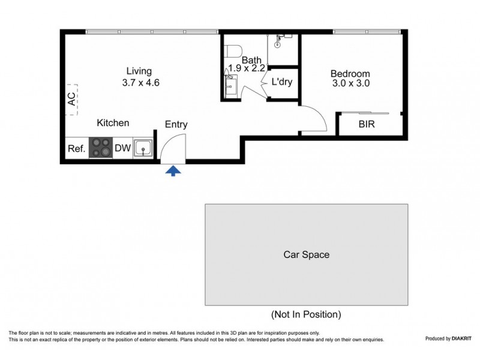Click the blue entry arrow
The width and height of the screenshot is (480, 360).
(x=173, y=172)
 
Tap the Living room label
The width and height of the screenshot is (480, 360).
(x=139, y=71)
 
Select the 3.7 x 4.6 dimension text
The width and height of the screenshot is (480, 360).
(x=139, y=83)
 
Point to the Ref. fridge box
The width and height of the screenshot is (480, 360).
(x=76, y=148)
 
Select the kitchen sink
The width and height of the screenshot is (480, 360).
(x=143, y=148)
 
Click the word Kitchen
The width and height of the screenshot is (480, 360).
(x=113, y=123)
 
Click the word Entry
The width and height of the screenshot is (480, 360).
(x=176, y=125)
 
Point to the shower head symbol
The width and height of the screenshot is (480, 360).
(x=279, y=42)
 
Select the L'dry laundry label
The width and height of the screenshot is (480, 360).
(x=282, y=82)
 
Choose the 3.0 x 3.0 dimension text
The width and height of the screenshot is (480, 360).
(x=350, y=84)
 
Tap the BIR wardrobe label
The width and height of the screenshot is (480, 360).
(x=368, y=125)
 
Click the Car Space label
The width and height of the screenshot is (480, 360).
(x=306, y=254)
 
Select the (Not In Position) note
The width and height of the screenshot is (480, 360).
(x=306, y=314)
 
